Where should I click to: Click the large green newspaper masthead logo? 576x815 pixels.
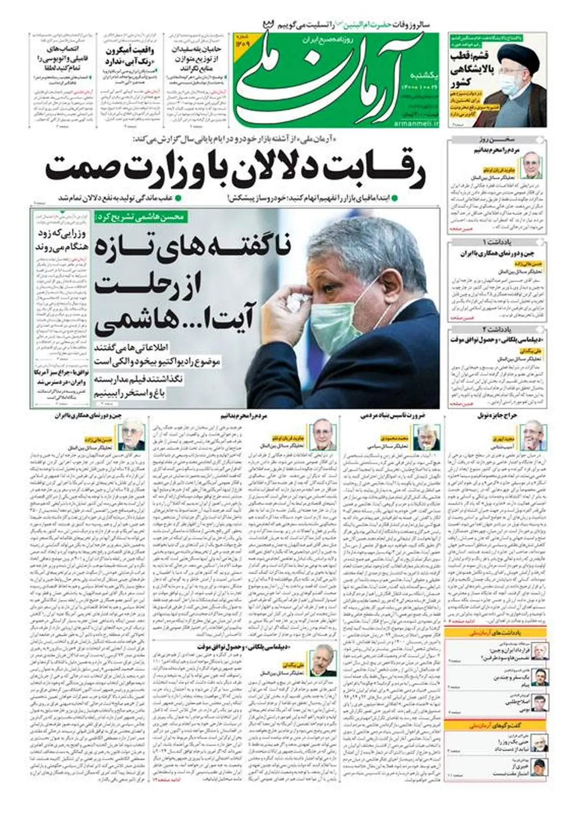(x=326, y=79)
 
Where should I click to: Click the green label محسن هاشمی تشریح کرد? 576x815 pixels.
(x=140, y=216)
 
